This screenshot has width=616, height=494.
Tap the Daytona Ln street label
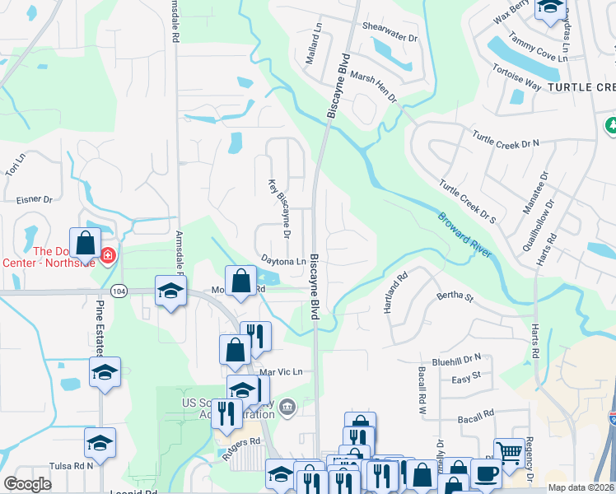pos(283,261)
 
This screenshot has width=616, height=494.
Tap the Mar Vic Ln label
pos(281,372)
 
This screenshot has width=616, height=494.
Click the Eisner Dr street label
pos(34,199)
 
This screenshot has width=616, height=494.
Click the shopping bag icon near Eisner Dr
pos(86,242)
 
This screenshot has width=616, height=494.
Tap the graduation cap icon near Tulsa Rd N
pos(100,442)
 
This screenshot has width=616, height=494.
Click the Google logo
pos(28,484)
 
